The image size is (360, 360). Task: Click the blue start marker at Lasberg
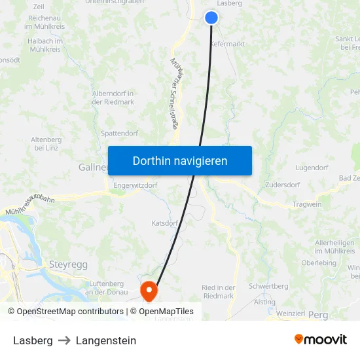tap(211, 18)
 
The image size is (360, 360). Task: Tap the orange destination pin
tap(149, 290)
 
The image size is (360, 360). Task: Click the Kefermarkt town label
tap(227, 44)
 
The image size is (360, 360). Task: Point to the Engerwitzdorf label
tap(135, 185)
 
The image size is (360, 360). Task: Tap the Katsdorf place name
tap(164, 223)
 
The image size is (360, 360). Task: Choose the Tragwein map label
tap(307, 204)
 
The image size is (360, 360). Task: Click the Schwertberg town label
tap(268, 287)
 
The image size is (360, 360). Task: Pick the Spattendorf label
tap(120, 133)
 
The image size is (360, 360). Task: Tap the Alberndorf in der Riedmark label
tap(113, 98)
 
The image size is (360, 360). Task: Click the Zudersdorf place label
tap(283, 185)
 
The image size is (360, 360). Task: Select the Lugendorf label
tap(312, 168)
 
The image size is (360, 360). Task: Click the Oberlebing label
tap(319, 263)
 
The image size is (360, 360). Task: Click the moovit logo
tap(321, 339)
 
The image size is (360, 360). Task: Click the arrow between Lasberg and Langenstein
tap(64, 340)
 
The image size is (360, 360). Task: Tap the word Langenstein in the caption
tap(106, 340)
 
